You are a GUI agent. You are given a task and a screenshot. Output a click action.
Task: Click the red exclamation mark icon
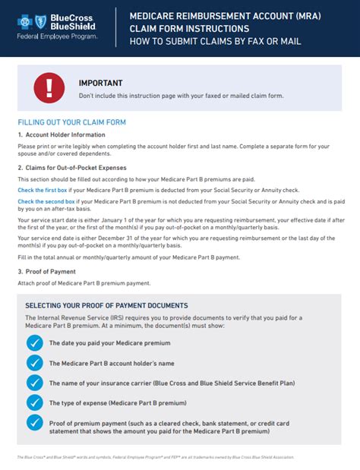pyautogui.click(x=49, y=87)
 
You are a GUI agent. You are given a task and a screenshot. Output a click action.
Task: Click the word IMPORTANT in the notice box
pyautogui.click(x=100, y=83)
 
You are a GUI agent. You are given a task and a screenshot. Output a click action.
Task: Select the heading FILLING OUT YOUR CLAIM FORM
pyautogui.click(x=71, y=122)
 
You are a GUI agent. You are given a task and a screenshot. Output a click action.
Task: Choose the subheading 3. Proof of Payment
pyautogui.click(x=47, y=271)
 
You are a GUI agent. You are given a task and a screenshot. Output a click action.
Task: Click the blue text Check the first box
pyautogui.click(x=44, y=189)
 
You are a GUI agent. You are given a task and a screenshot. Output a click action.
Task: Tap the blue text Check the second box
pyautogui.click(x=47, y=202)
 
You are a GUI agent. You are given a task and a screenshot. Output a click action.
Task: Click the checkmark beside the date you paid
pyautogui.click(x=34, y=343)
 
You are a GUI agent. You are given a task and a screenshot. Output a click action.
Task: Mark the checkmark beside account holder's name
pyautogui.click(x=34, y=362)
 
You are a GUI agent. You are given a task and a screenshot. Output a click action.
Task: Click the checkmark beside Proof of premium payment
pyautogui.click(x=34, y=423)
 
